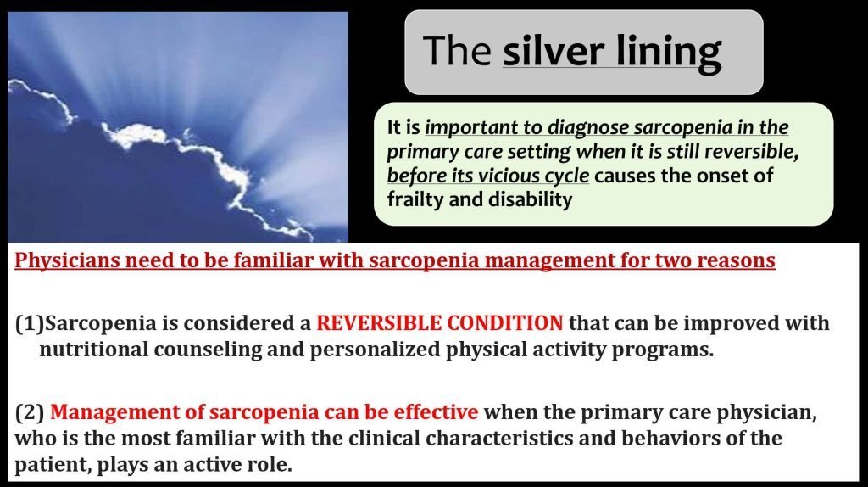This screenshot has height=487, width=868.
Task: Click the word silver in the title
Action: pos(553,51)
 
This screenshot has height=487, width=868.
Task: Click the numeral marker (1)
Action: pos(30,323)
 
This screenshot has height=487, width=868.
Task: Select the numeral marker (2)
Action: pos(30,412)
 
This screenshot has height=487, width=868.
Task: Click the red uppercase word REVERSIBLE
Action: pos(379,323)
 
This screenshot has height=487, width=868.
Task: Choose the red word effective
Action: pos(436,412)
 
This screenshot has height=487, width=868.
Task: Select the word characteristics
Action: pos(520,439)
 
